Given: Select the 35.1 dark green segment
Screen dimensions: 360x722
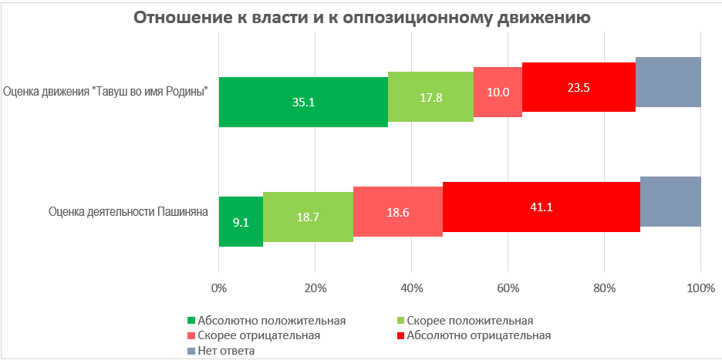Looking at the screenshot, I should point(303,102).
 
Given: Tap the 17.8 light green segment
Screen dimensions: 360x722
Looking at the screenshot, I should point(430,96).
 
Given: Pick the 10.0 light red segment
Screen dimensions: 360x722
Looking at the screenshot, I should point(498,91).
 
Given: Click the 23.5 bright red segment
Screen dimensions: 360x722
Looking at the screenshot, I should point(579,86).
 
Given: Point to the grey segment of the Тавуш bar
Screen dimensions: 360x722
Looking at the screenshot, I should point(668,82).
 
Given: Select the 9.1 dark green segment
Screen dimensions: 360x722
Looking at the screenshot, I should point(241,221).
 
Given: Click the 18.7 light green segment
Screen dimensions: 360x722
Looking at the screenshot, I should point(308,217).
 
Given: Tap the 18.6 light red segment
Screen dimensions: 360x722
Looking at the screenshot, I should point(398,211).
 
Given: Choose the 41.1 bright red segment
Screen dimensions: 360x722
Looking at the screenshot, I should point(541,207).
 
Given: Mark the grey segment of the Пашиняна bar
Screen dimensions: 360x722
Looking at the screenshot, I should point(670,201).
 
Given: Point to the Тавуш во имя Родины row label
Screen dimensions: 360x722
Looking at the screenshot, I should point(107,91).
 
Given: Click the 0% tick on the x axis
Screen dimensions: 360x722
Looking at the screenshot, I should point(219,289).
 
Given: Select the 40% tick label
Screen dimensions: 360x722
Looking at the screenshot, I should point(411,289).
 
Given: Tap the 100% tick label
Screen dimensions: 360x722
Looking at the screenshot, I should point(700,289).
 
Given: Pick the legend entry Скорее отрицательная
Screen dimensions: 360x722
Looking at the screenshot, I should point(258,335).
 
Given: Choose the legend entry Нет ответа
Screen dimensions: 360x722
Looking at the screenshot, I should point(226,351).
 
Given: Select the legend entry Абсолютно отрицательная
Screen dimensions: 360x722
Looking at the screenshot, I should point(478,335).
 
